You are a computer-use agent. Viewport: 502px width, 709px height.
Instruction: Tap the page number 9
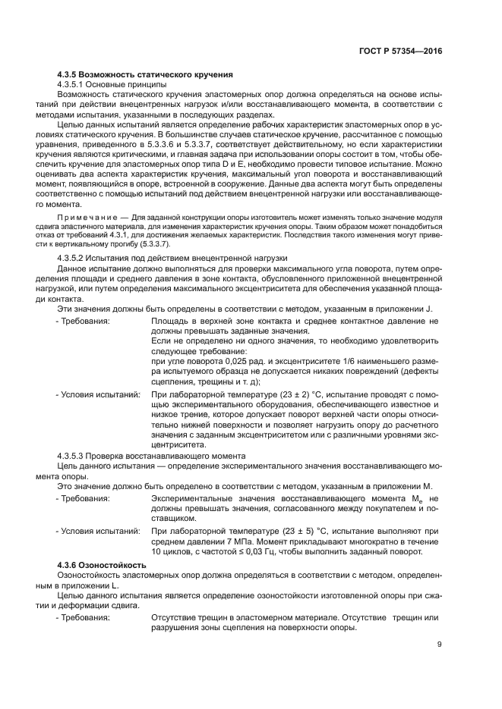click(440, 645)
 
